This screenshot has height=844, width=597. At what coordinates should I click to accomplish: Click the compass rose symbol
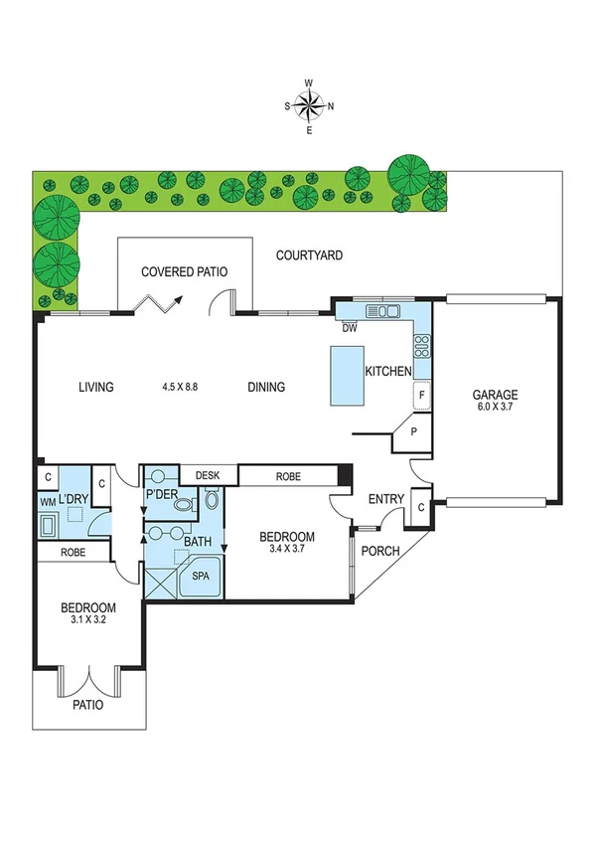click(309, 104)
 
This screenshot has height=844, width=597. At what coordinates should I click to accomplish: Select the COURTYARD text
click(309, 255)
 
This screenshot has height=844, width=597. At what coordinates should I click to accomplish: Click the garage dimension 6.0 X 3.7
click(495, 408)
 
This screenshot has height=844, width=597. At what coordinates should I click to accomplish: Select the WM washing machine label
click(48, 503)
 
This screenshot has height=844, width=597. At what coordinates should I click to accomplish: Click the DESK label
click(207, 476)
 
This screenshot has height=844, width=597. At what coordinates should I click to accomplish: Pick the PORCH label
click(379, 552)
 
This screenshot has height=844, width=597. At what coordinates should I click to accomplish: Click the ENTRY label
click(386, 499)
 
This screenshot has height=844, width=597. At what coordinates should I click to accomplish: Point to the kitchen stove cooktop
click(420, 347)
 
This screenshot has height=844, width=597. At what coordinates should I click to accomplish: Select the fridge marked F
click(421, 395)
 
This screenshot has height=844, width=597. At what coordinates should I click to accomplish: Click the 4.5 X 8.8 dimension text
click(181, 388)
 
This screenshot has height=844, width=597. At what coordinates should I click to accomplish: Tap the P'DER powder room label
click(161, 494)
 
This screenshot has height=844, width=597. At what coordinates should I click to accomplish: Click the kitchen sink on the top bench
click(381, 310)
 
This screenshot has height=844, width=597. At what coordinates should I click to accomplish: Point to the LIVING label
click(96, 388)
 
